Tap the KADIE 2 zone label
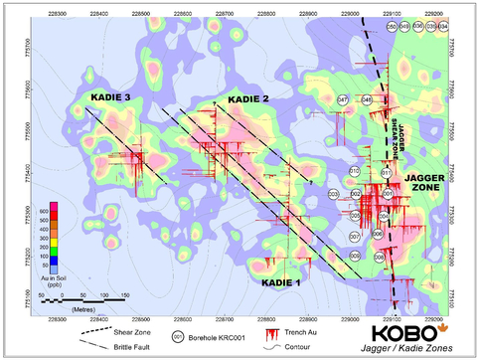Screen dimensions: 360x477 [248, 99]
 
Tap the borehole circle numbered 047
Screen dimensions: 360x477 [343, 100]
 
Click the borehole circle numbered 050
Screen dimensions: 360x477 [391, 26]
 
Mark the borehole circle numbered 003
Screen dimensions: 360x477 [333, 194]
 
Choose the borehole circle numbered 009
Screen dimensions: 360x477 [355, 257]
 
